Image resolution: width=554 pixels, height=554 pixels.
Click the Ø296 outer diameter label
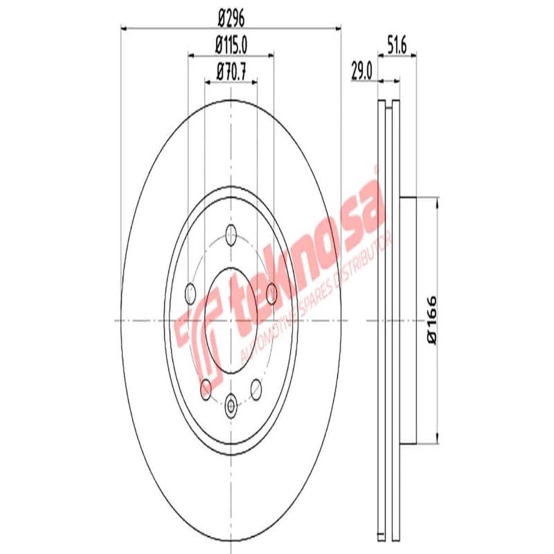[x=231, y=17]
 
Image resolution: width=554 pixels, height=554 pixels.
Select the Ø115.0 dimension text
[x=231, y=46]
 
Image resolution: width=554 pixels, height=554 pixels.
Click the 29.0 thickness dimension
[x=362, y=71]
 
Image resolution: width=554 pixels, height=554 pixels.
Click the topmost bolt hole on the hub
[x=231, y=236]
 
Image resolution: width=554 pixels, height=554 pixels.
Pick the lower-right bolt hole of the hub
[x=256, y=388]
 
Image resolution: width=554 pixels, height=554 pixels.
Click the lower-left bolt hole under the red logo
[x=206, y=388]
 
